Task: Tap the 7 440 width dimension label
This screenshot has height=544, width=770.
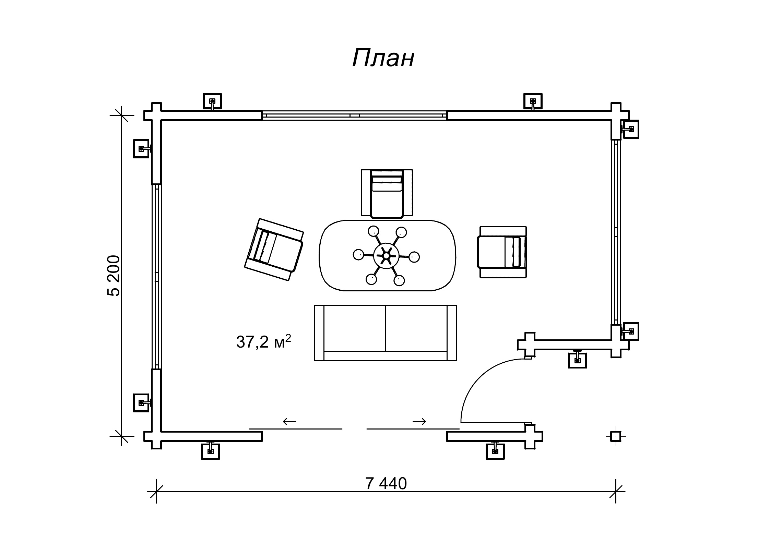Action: point(386,484)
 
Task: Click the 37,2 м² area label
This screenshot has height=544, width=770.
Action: point(263,341)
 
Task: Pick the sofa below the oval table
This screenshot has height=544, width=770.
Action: point(385,333)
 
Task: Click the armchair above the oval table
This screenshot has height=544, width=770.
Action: point(387,193)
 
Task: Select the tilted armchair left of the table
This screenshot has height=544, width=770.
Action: point(274,249)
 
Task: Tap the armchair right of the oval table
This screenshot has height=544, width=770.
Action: point(502,252)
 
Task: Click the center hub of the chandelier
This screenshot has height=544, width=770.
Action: point(386,255)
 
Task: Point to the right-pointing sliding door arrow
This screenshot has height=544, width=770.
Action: point(419,421)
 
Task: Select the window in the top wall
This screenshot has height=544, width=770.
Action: point(354,116)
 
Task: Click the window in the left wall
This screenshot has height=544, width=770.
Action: point(156,276)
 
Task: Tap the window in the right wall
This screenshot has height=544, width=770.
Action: point(616,232)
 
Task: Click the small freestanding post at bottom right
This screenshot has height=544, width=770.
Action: point(616,436)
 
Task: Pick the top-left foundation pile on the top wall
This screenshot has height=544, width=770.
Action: point(212,101)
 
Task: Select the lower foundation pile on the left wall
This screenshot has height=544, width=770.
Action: point(141,403)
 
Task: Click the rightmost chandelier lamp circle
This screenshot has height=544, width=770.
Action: point(414,257)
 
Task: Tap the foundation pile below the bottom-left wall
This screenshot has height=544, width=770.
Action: point(210,451)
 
